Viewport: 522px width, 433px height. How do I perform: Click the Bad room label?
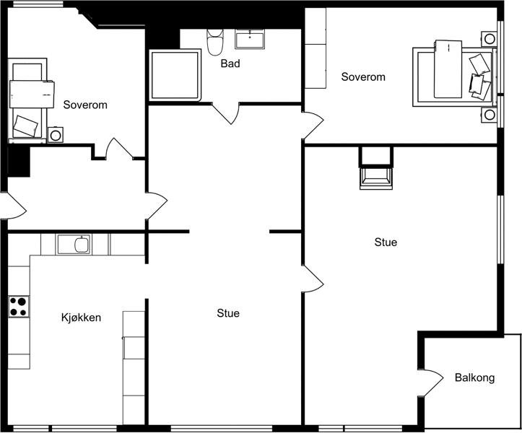230,64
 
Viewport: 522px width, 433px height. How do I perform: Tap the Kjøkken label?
81,318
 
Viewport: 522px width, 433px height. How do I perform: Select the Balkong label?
474,377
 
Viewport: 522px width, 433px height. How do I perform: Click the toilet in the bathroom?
214,42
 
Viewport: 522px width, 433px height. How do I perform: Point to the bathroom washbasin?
250,39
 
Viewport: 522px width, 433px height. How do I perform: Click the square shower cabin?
175,75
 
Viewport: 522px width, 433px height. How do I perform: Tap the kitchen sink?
74,244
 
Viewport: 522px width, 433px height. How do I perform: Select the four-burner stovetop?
19,307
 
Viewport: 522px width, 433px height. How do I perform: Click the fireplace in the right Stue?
376,178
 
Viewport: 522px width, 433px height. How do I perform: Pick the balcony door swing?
433,382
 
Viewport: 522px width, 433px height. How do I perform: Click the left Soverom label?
85,105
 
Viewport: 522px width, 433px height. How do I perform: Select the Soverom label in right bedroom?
363,77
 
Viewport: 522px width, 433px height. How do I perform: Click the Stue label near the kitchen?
228,313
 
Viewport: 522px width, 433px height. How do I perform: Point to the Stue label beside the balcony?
386,242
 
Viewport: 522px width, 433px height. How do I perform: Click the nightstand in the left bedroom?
56,135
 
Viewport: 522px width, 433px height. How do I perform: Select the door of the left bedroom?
118,148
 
